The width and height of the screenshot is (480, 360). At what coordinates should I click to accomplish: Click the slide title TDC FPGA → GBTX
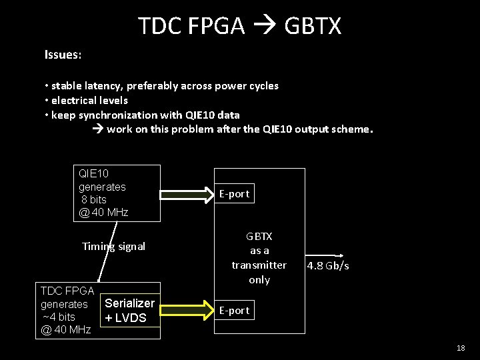[x=239, y=26]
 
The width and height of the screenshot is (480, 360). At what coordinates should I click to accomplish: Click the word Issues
[x=62, y=55]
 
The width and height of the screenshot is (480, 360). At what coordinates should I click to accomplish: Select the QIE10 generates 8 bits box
[x=117, y=193]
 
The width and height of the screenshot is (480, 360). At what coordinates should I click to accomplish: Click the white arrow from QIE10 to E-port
[x=187, y=194]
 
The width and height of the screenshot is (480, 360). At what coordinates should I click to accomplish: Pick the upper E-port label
[x=234, y=194]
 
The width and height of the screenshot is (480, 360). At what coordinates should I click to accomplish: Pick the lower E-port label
[x=234, y=311]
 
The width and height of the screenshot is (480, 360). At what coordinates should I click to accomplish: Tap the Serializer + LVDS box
[x=130, y=311]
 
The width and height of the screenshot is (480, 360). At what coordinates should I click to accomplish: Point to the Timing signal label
[x=113, y=247]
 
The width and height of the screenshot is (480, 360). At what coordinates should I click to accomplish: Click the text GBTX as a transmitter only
[x=259, y=258]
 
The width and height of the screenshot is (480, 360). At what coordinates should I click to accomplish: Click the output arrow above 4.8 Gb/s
[x=326, y=255]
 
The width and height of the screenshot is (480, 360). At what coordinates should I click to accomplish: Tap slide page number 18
[x=461, y=348]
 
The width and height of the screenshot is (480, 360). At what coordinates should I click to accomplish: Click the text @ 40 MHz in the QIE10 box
[x=103, y=213]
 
